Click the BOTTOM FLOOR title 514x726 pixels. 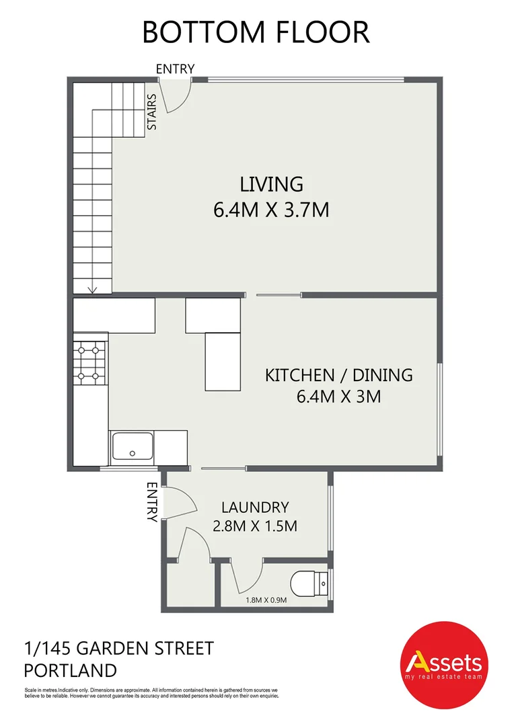(x=256, y=32)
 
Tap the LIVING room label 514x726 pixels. (x=272, y=184)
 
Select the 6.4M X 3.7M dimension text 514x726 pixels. (x=271, y=210)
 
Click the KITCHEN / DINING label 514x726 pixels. (x=339, y=375)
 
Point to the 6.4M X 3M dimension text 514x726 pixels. (x=339, y=397)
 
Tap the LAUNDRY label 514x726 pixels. (x=255, y=508)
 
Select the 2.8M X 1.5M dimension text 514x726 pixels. (x=255, y=526)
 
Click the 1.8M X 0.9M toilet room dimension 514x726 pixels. (x=266, y=600)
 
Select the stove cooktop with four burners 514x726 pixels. (x=90, y=362)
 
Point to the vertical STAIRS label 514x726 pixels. (x=152, y=112)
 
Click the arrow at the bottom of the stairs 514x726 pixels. (x=92, y=289)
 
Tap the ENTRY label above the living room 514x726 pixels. (x=175, y=69)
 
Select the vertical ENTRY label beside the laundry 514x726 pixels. (x=152, y=502)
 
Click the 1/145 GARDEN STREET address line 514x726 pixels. (x=118, y=649)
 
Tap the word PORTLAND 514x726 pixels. (x=70, y=670)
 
